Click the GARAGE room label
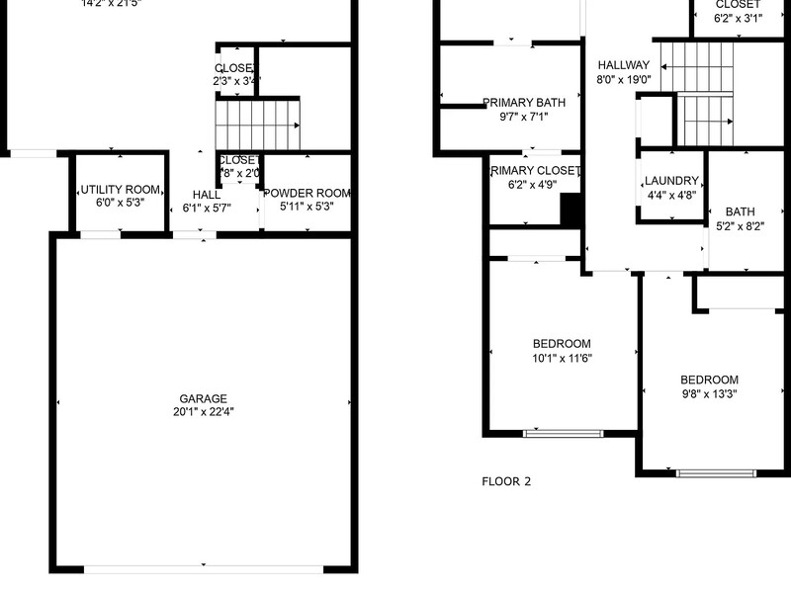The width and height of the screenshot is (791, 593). click(x=203, y=398)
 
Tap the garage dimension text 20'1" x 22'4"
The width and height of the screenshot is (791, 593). click(x=203, y=412)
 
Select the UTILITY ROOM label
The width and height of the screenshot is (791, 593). click(x=120, y=189)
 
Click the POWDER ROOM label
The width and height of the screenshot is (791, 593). click(x=307, y=194)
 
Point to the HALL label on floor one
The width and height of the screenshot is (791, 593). click(x=207, y=195)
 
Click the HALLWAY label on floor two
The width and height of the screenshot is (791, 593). click(x=624, y=66)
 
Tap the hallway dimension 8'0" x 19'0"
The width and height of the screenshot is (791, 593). click(x=624, y=80)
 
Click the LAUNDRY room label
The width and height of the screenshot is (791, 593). click(x=671, y=182)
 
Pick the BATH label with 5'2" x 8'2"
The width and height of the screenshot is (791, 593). click(x=740, y=212)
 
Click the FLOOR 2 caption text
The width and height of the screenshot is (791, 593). click(x=506, y=482)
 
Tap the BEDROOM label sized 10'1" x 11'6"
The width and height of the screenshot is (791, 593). click(x=562, y=344)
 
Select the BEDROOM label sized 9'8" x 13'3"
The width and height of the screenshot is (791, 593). click(x=709, y=381)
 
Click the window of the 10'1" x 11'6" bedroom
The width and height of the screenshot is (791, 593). click(x=563, y=433)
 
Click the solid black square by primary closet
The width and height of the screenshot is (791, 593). click(x=571, y=210)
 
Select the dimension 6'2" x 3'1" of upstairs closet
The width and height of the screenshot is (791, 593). click(x=739, y=18)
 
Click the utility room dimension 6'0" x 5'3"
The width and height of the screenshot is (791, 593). click(x=120, y=203)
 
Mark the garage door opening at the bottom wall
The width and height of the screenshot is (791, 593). click(x=203, y=569)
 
